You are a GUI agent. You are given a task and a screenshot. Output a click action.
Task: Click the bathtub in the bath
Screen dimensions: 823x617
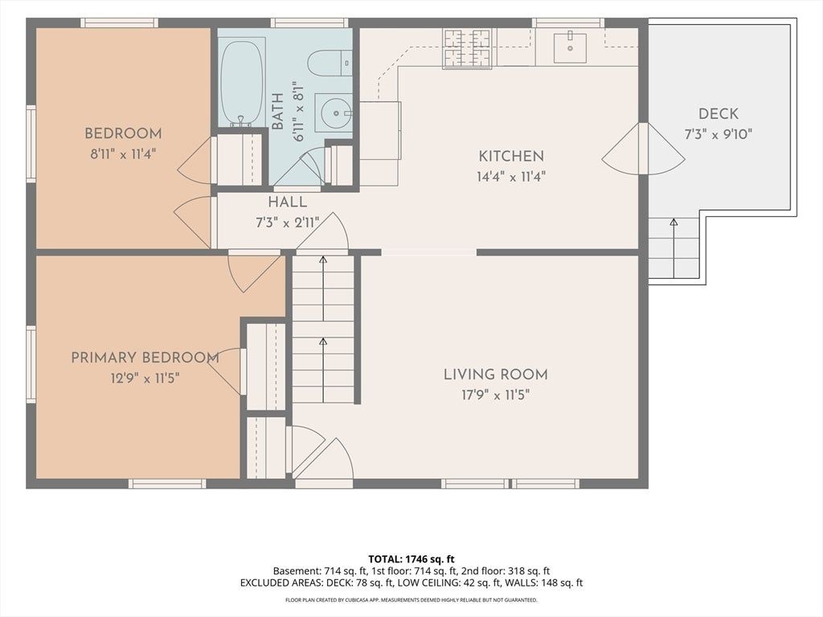[241, 82]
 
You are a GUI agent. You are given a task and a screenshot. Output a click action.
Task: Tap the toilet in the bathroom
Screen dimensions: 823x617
[329, 63]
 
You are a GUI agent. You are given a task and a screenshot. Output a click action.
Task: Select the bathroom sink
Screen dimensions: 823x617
[333, 112]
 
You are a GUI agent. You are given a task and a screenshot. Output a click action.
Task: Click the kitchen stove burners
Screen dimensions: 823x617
[467, 48]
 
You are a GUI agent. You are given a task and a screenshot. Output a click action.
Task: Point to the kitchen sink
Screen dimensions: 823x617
[570, 47]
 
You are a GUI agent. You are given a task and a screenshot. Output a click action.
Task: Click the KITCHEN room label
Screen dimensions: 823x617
[511, 156]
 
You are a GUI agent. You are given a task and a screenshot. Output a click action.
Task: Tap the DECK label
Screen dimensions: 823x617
[718, 114]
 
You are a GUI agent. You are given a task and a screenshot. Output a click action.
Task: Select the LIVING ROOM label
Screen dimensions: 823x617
[495, 374]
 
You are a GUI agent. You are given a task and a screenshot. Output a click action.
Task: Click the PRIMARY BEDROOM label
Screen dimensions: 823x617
[145, 358]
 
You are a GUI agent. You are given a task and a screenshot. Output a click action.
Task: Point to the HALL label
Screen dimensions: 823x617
[288, 202]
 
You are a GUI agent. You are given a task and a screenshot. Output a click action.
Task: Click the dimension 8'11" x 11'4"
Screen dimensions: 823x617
[123, 154]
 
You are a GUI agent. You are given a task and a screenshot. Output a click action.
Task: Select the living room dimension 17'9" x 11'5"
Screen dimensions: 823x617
[495, 394]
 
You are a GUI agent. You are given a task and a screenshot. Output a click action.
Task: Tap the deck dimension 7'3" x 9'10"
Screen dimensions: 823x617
[718, 134]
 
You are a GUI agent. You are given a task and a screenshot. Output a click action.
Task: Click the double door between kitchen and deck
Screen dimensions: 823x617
[644, 149]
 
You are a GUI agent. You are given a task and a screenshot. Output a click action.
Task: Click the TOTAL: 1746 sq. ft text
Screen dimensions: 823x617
[411, 559]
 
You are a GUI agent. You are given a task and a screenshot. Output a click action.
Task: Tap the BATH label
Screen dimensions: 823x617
[277, 111]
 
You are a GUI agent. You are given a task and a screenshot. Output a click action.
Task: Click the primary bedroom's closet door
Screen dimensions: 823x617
[226, 370]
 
